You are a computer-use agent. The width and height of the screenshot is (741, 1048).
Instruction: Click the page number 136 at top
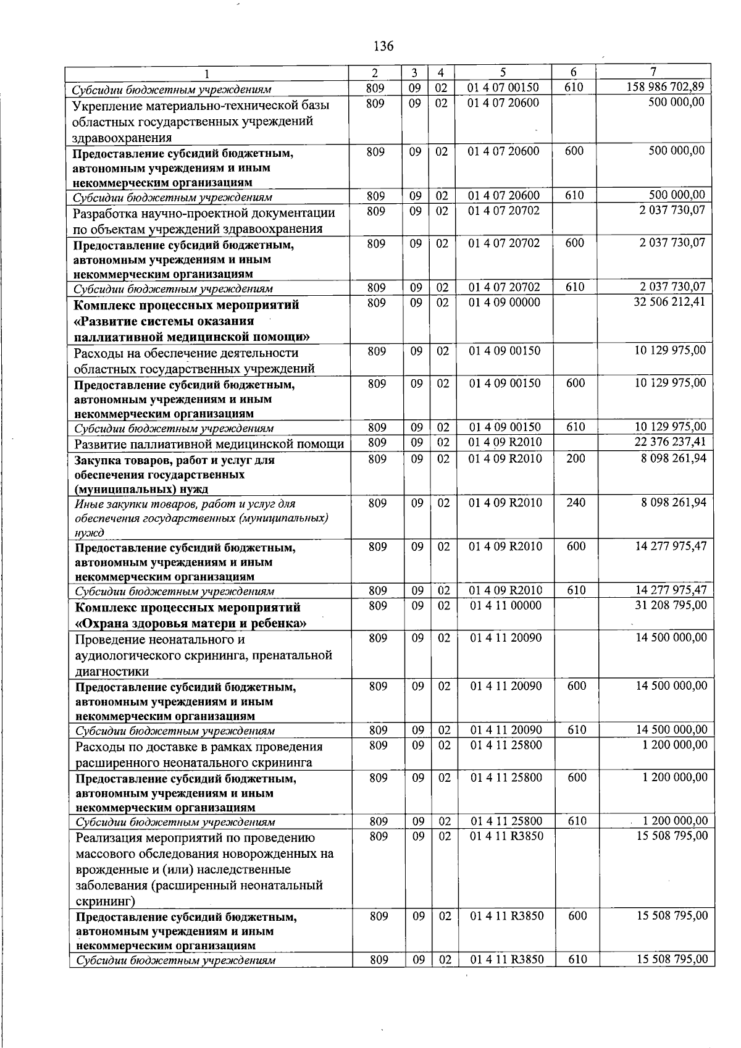pos(383,46)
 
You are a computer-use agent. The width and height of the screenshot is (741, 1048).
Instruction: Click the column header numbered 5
pos(503,72)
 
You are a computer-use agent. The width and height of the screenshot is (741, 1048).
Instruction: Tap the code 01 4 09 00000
pos(504,303)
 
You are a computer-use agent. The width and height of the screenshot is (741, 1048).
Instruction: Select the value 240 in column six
pos(576,503)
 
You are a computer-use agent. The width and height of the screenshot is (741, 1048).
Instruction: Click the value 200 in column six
pos(576,458)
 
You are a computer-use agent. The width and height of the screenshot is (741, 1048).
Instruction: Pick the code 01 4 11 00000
pos(505,606)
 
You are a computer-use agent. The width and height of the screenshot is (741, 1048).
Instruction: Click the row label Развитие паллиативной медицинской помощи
pos(209,444)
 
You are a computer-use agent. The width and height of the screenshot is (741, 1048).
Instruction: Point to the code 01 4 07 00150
pos(503,87)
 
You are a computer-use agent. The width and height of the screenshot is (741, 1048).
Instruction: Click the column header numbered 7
pos(653,72)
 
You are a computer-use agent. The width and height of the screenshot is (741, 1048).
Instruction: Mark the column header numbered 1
pos(207,73)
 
